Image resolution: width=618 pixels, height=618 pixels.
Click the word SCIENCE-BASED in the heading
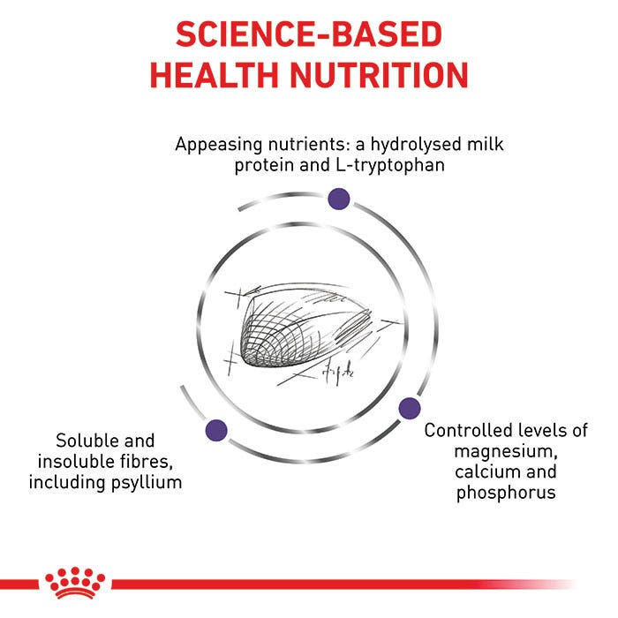click(309, 34)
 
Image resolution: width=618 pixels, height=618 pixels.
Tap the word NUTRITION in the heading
click(379, 75)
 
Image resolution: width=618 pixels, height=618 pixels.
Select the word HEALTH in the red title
click(215, 75)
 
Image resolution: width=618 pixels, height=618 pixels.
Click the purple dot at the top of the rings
click(338, 199)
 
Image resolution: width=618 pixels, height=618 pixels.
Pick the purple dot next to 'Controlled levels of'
click(410, 408)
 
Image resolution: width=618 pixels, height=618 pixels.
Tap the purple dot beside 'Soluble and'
click(216, 430)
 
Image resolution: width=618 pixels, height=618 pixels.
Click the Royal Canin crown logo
click(75, 583)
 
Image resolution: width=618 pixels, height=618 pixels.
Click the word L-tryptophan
click(390, 166)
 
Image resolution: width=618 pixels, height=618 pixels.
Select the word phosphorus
click(506, 493)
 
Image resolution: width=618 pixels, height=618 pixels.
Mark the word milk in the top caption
click(485, 144)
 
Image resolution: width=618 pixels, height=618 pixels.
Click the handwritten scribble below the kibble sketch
click(338, 372)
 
